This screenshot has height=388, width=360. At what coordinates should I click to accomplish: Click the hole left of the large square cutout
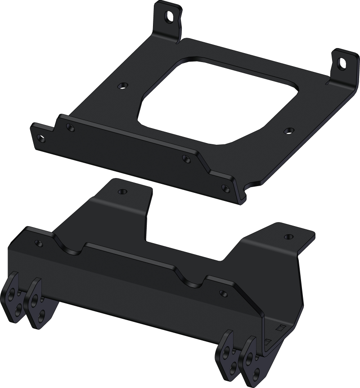(x=120, y=85)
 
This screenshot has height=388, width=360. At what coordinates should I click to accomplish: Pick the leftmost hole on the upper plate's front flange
(x=40, y=138)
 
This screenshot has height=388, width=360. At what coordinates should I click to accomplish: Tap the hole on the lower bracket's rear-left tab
(x=121, y=192)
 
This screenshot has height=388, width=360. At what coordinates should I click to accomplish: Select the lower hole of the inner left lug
(x=41, y=313)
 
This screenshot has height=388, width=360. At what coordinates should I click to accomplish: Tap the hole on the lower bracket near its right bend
(x=221, y=293)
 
